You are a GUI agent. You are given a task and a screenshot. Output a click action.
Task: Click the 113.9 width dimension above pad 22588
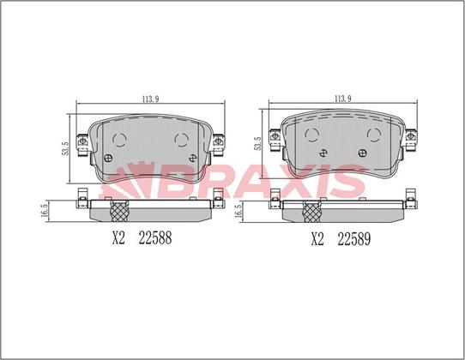tap(150, 99)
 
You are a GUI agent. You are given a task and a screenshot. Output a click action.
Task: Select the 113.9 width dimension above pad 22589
tap(343, 99)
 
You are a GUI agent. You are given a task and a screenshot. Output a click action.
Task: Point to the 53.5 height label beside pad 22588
tap(65, 148)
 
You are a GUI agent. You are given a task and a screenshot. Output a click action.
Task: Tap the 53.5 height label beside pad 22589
tap(257, 143)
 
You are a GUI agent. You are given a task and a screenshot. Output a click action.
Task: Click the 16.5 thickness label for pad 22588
tap(45, 211)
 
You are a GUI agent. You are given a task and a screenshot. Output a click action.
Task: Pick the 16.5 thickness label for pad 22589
tap(238, 211)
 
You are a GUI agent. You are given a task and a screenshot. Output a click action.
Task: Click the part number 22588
tap(155, 238)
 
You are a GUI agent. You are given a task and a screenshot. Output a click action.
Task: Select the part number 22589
tap(354, 239)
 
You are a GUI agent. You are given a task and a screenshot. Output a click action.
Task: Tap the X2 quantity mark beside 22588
tap(118, 238)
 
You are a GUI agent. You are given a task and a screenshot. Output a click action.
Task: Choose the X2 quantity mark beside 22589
tap(317, 239)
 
